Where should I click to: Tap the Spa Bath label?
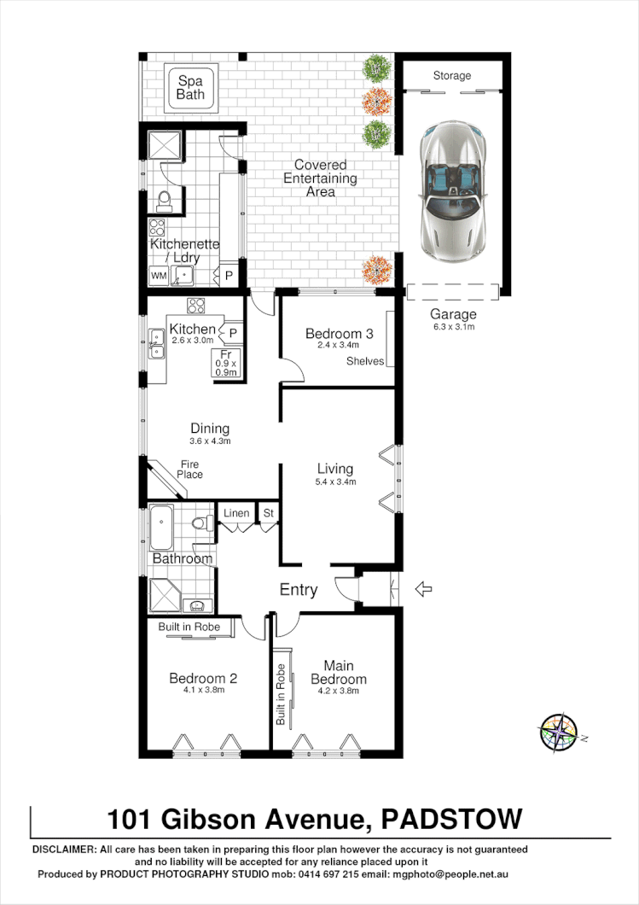click(191, 88)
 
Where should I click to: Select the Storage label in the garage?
click(451, 76)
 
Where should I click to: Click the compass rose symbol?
click(559, 733)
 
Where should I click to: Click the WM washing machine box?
click(159, 276)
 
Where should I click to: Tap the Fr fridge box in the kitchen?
click(226, 363)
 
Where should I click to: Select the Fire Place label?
click(189, 470)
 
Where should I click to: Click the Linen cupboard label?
click(235, 513)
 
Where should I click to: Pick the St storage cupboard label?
click(268, 513)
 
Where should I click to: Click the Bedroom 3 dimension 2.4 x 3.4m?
click(339, 346)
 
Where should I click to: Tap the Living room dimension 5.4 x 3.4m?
click(335, 482)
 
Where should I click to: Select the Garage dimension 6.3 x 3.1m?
click(453, 326)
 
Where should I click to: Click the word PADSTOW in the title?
click(452, 820)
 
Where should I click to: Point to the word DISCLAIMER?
click(64, 850)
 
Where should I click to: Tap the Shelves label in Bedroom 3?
click(365, 361)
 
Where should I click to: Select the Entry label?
click(299, 590)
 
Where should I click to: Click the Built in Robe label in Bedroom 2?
click(189, 627)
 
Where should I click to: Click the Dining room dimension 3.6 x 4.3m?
click(210, 441)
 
